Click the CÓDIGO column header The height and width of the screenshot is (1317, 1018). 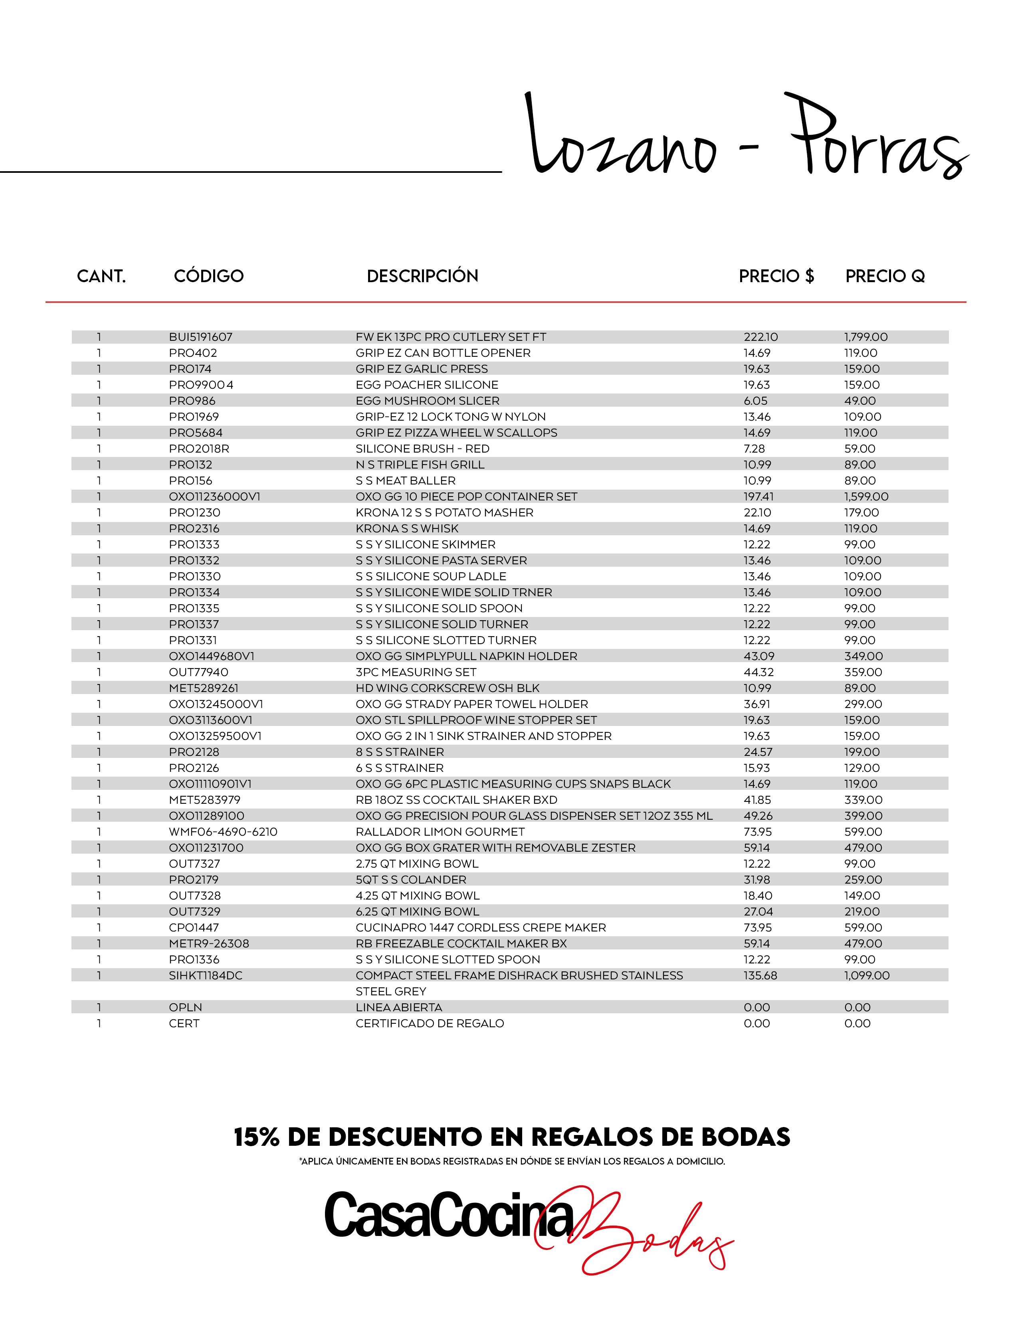tap(209, 276)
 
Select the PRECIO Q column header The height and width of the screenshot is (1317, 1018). tap(885, 276)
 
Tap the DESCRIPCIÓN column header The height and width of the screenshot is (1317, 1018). tap(422, 276)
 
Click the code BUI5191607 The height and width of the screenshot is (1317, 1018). tap(200, 337)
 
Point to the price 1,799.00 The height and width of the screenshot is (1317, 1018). tap(865, 337)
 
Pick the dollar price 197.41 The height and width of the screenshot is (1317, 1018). tap(758, 497)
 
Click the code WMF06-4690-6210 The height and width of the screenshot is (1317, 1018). tap(222, 832)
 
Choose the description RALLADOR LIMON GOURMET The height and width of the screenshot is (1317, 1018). tap(440, 832)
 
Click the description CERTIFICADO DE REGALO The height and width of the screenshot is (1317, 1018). tap(430, 1023)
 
